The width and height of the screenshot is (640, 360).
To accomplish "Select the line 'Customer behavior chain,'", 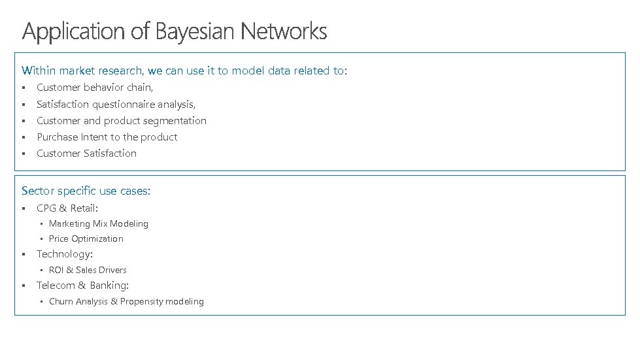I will (x=95, y=88).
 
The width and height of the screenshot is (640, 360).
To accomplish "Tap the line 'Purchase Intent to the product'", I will (x=107, y=137).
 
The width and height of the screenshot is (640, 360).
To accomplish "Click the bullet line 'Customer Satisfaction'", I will (x=86, y=154).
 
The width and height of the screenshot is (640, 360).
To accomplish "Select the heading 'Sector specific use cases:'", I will (x=86, y=191).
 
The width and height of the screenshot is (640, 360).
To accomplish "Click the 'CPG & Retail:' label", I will (x=67, y=208).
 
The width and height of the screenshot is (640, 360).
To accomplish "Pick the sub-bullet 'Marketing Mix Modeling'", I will (x=98, y=223).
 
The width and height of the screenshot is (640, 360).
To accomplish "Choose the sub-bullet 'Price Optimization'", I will (x=86, y=239).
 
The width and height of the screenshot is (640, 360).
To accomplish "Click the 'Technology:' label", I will (x=64, y=254).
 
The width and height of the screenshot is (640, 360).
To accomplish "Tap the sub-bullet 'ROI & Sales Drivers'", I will (x=88, y=270).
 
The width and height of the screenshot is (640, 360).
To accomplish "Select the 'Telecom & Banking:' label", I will (x=82, y=286).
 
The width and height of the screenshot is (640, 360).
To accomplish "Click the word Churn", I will (x=61, y=302).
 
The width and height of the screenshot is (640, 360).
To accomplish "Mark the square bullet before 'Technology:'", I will (x=23, y=254).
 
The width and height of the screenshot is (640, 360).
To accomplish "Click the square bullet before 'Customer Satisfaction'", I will (x=23, y=154).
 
